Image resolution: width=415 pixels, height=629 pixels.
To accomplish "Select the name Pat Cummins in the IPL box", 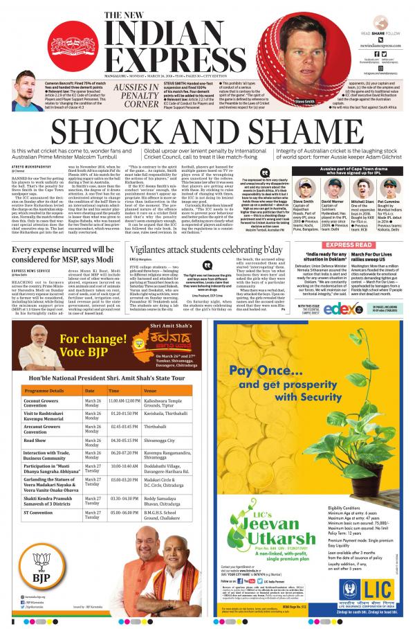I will pos(393,183).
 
